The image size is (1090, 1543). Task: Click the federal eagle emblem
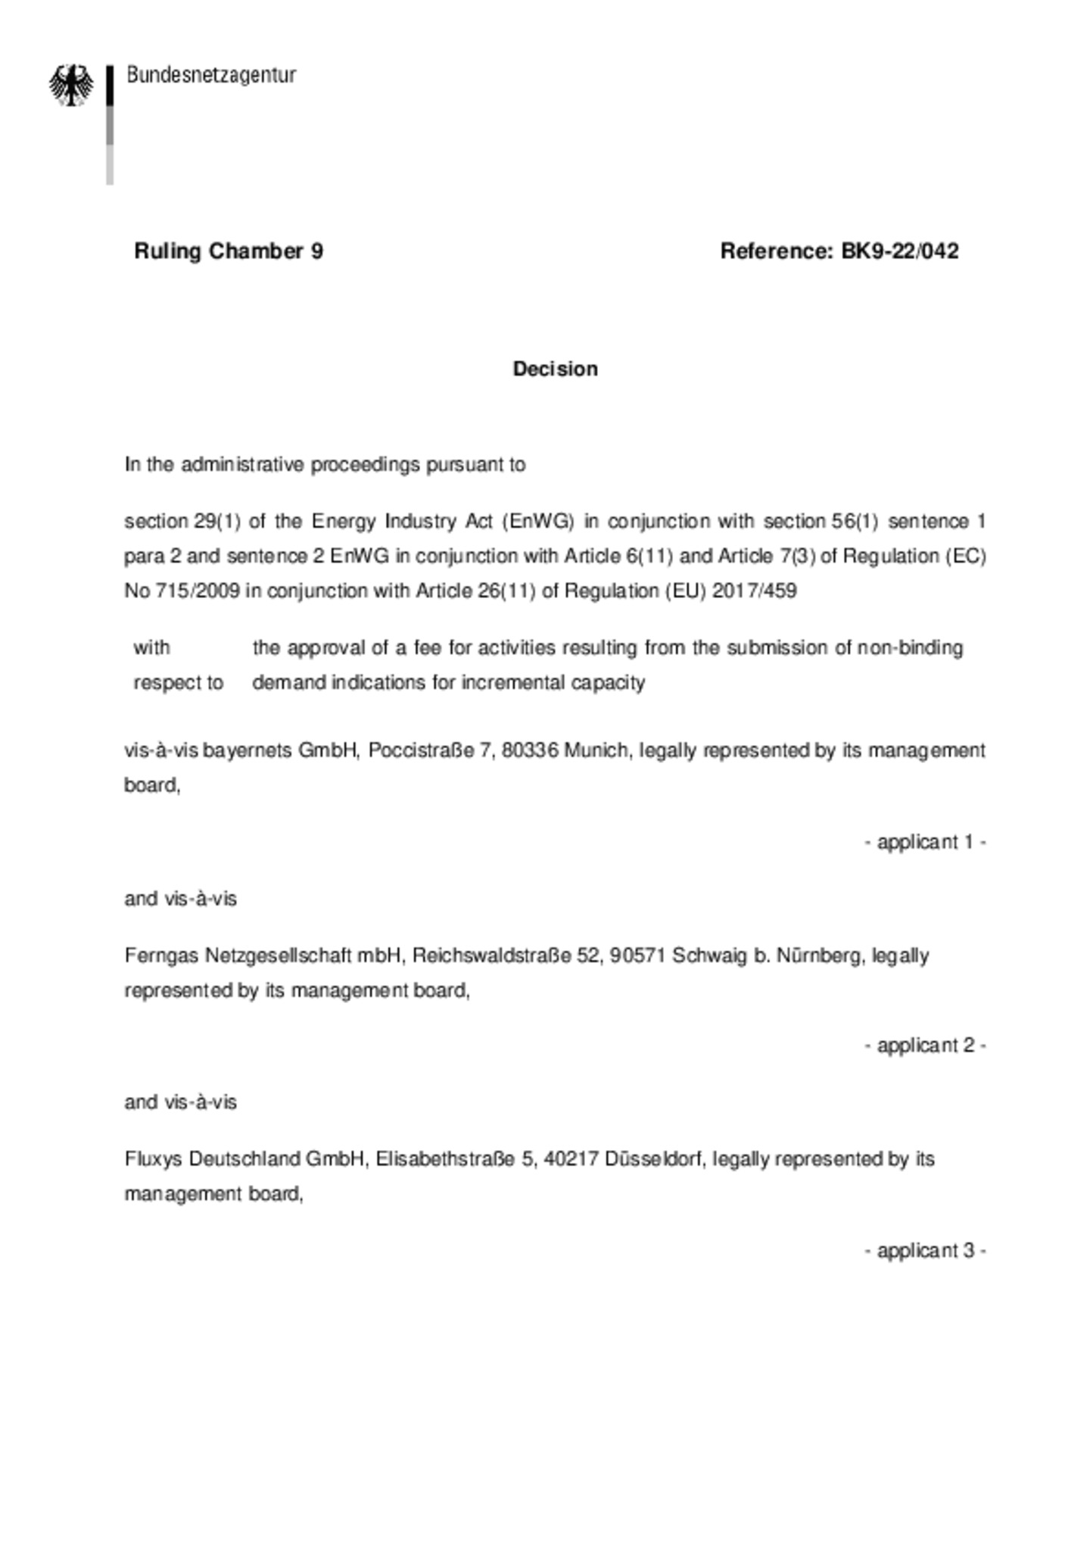[x=72, y=85]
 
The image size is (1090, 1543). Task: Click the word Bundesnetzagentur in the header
[x=211, y=75]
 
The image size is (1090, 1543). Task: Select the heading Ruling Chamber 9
[x=229, y=251]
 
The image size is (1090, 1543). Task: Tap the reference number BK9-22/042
[x=899, y=251]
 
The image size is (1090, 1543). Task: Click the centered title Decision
[x=555, y=369]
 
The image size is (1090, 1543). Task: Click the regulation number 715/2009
[x=198, y=591]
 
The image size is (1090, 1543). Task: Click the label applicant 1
[x=925, y=842]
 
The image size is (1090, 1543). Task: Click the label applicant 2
[x=925, y=1046]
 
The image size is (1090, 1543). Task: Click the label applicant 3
[x=925, y=1250]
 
